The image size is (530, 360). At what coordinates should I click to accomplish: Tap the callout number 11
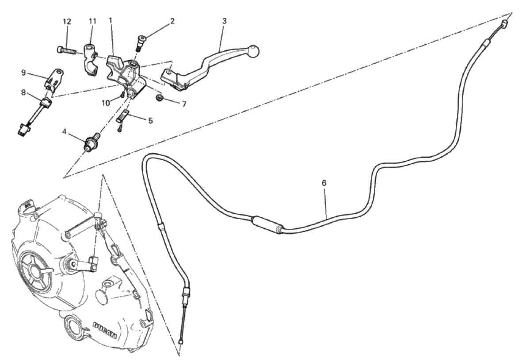(92, 21)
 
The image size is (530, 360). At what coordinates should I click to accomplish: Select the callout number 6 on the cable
(324, 183)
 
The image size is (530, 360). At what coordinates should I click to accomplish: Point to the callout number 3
(224, 21)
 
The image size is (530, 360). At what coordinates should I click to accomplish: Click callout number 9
(23, 72)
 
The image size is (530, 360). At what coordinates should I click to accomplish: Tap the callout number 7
(184, 104)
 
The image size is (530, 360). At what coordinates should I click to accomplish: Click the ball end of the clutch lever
(255, 51)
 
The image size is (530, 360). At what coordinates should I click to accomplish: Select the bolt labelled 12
(69, 51)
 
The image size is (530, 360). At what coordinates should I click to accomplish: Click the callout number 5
(150, 120)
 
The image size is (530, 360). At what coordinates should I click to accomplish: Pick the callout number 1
(110, 20)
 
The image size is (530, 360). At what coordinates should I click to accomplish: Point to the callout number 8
(23, 92)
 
